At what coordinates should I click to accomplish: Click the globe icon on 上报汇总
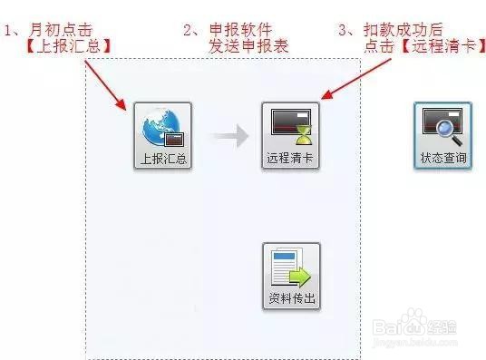coord(160,128)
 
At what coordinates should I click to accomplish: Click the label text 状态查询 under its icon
coord(443,159)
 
